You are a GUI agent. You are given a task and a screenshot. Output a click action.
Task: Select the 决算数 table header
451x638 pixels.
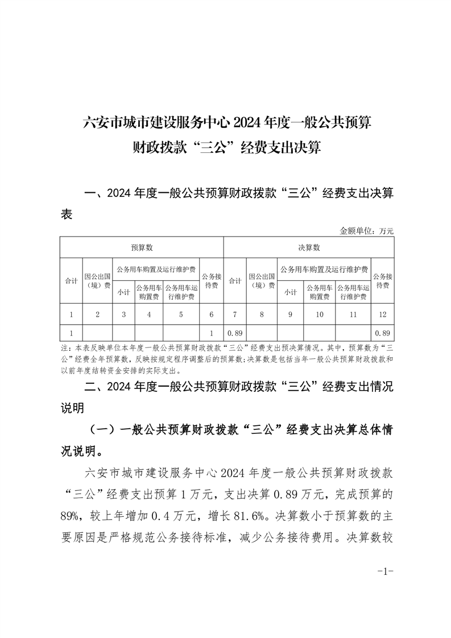pos(309,248)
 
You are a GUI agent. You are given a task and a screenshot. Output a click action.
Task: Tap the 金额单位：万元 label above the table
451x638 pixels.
pos(366,231)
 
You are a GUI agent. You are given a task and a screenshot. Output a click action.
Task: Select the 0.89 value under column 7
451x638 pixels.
pos(235,333)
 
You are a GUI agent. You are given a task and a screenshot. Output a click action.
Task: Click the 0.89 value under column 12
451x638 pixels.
pos(382,333)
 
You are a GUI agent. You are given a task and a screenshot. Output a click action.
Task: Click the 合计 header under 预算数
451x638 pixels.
pos(71,281)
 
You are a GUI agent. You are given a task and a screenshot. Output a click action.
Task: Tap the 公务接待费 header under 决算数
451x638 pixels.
pos(382,281)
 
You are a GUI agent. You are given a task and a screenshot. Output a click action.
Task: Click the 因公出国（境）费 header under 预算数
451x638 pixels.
pos(98,281)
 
